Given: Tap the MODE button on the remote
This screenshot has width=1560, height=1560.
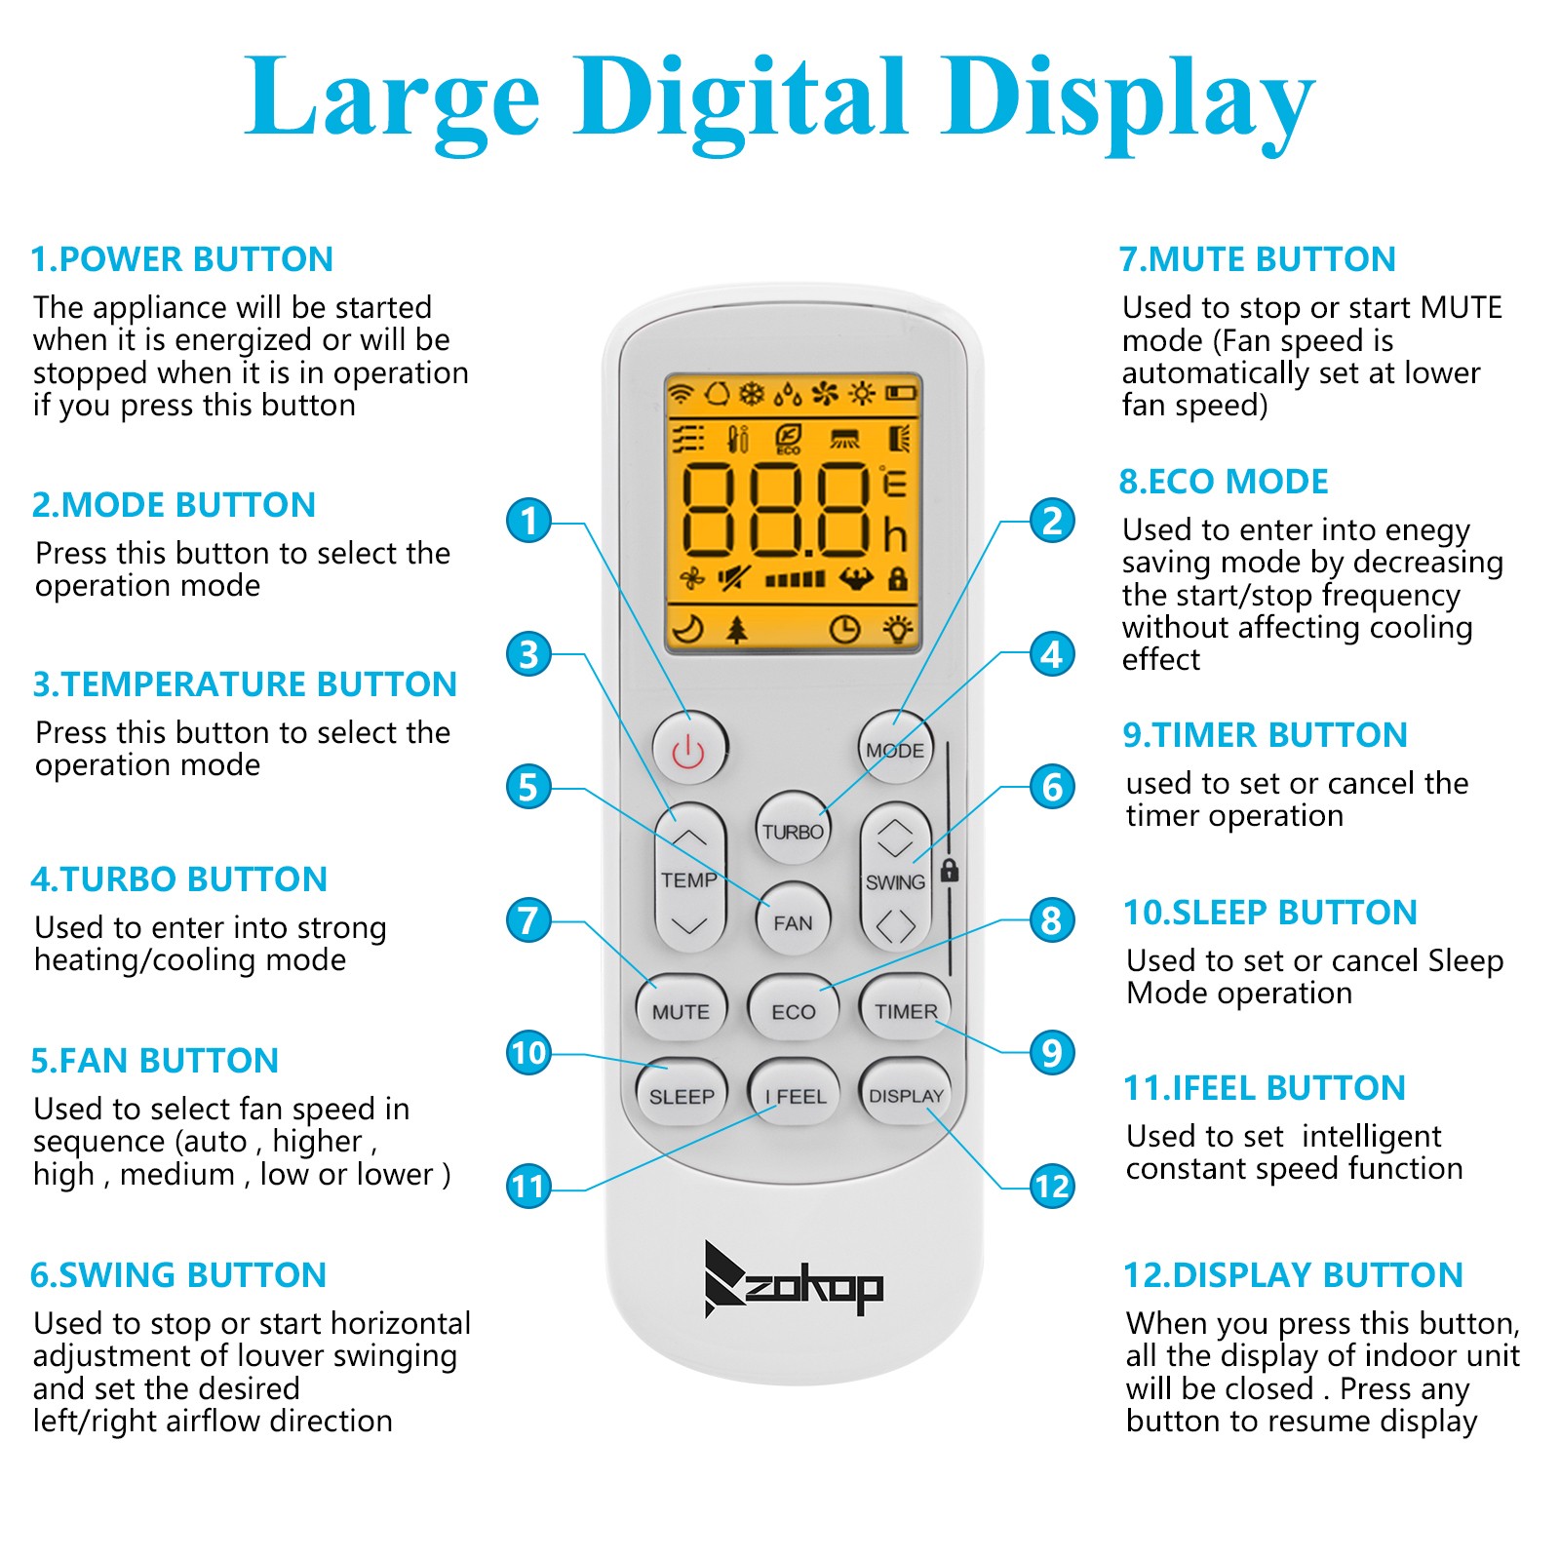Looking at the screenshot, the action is pyautogui.click(x=895, y=749).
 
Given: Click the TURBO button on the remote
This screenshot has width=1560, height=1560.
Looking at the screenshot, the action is pyautogui.click(x=793, y=831).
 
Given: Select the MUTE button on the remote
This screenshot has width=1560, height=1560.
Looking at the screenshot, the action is pyautogui.click(x=681, y=1010).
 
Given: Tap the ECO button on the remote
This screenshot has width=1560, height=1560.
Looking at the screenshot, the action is pyautogui.click(x=793, y=1010).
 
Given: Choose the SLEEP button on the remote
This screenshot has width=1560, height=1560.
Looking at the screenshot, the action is pyautogui.click(x=681, y=1095).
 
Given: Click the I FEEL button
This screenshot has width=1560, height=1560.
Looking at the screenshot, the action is pyautogui.click(x=794, y=1095).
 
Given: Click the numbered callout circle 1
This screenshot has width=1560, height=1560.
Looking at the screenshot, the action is pyautogui.click(x=528, y=521).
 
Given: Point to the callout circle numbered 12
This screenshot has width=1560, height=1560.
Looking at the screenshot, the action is pyautogui.click(x=1052, y=1186).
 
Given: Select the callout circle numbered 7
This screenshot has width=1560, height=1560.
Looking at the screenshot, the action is pyautogui.click(x=528, y=919).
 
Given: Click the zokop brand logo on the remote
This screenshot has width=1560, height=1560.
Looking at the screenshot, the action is pyautogui.click(x=793, y=1279).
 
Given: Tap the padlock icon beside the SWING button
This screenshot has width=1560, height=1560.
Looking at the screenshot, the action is pyautogui.click(x=949, y=870).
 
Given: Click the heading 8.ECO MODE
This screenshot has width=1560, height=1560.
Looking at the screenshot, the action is pyautogui.click(x=1224, y=482).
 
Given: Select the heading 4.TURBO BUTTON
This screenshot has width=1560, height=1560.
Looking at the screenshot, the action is pyautogui.click(x=179, y=879).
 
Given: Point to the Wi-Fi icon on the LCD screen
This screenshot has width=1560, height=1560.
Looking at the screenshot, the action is pyautogui.click(x=681, y=393).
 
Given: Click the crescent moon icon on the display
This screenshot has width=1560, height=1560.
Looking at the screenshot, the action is pyautogui.click(x=688, y=629).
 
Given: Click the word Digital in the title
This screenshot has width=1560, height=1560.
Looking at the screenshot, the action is pyautogui.click(x=742, y=97).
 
